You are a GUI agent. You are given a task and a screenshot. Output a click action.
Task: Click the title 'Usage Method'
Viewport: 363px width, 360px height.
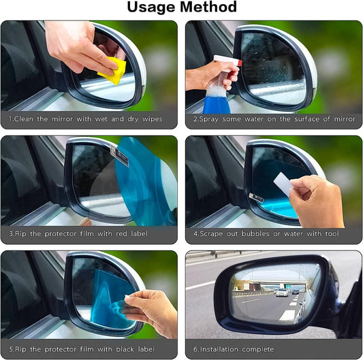coord(181,7)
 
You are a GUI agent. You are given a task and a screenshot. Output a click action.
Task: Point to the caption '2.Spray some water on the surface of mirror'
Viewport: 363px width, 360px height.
coord(274,119)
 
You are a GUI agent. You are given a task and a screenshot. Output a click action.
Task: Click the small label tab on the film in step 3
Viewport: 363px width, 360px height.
coord(120,157)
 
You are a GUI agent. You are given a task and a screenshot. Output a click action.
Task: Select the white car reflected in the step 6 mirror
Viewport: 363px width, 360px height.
coord(281,293)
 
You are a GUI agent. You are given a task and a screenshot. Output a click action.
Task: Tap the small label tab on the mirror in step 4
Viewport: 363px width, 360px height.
coord(256,197)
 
